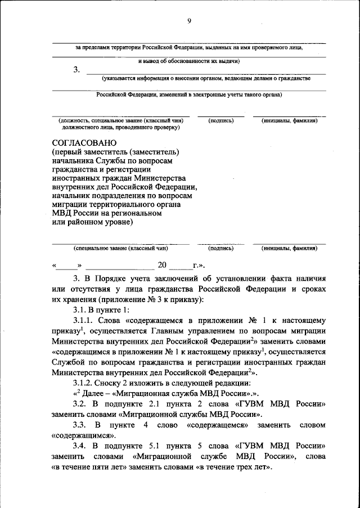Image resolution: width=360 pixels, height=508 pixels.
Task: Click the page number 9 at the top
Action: pos(190,21)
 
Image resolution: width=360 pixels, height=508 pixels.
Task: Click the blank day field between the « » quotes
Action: pos(67,265)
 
